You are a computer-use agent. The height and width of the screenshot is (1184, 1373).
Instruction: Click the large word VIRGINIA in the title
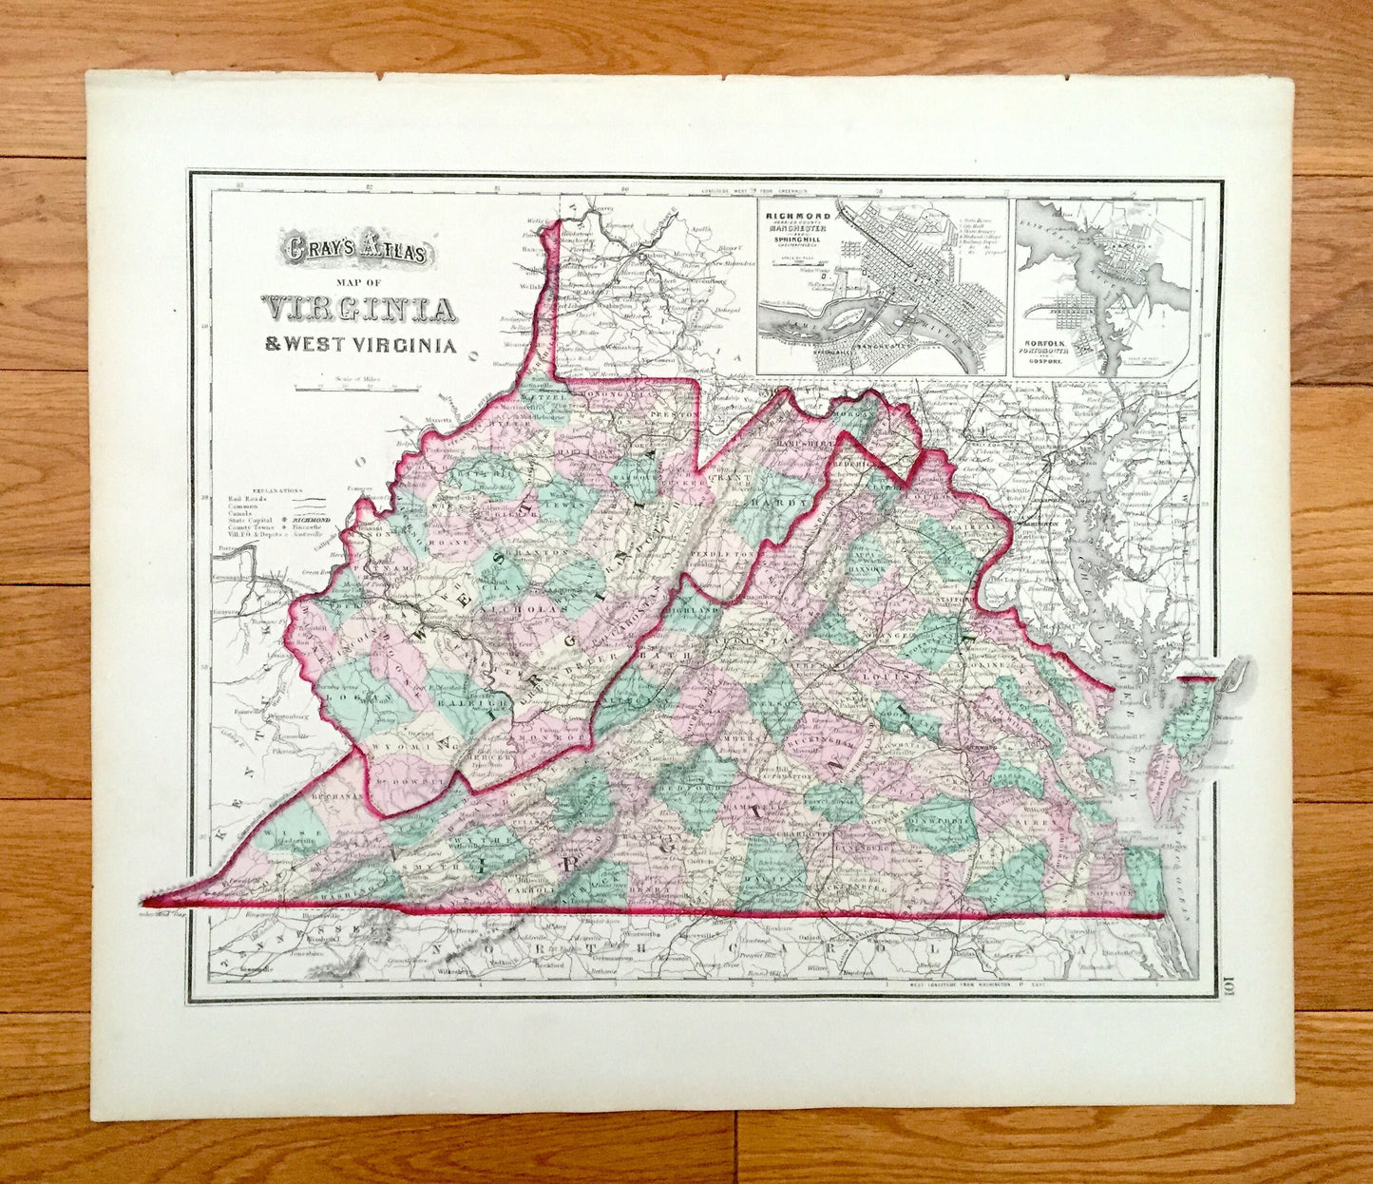tap(359, 309)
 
